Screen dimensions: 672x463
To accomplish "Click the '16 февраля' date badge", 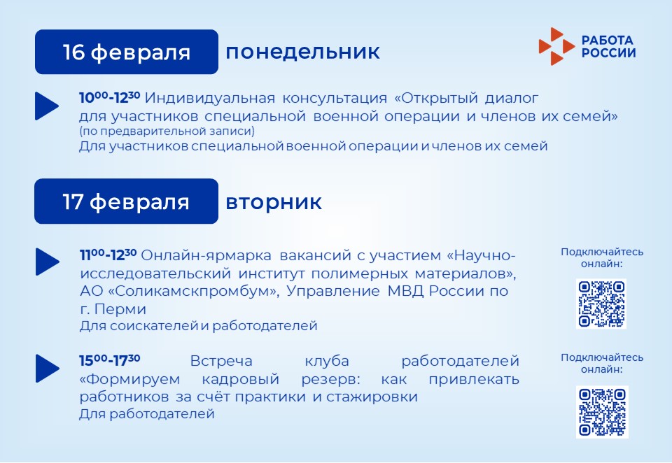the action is point(127,52).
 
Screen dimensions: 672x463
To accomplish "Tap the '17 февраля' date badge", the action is point(127,201).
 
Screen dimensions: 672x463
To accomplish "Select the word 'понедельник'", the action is point(302,52).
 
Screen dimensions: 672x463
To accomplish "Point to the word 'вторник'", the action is point(274,201).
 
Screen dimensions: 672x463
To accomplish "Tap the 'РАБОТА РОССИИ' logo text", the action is point(608,46).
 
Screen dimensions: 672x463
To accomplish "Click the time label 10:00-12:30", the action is point(110,97).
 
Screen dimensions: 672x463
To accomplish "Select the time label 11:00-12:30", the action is point(108,255).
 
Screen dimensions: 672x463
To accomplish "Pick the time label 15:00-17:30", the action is point(110,360).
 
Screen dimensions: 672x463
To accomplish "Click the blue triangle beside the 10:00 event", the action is point(46,106).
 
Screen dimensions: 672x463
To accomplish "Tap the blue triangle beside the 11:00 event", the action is point(47,262).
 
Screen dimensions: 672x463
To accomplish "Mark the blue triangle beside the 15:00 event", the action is point(47,368).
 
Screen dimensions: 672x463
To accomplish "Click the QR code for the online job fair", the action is point(601,304).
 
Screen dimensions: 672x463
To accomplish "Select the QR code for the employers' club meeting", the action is point(602,412).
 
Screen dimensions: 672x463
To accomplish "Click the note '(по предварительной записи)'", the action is point(167,131).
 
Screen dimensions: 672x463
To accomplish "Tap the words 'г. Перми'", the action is point(113,309).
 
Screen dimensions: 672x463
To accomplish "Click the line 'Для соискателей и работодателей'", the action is point(198,326).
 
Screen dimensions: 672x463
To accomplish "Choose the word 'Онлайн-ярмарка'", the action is point(206,256).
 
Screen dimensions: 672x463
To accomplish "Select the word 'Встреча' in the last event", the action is point(221,361).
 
